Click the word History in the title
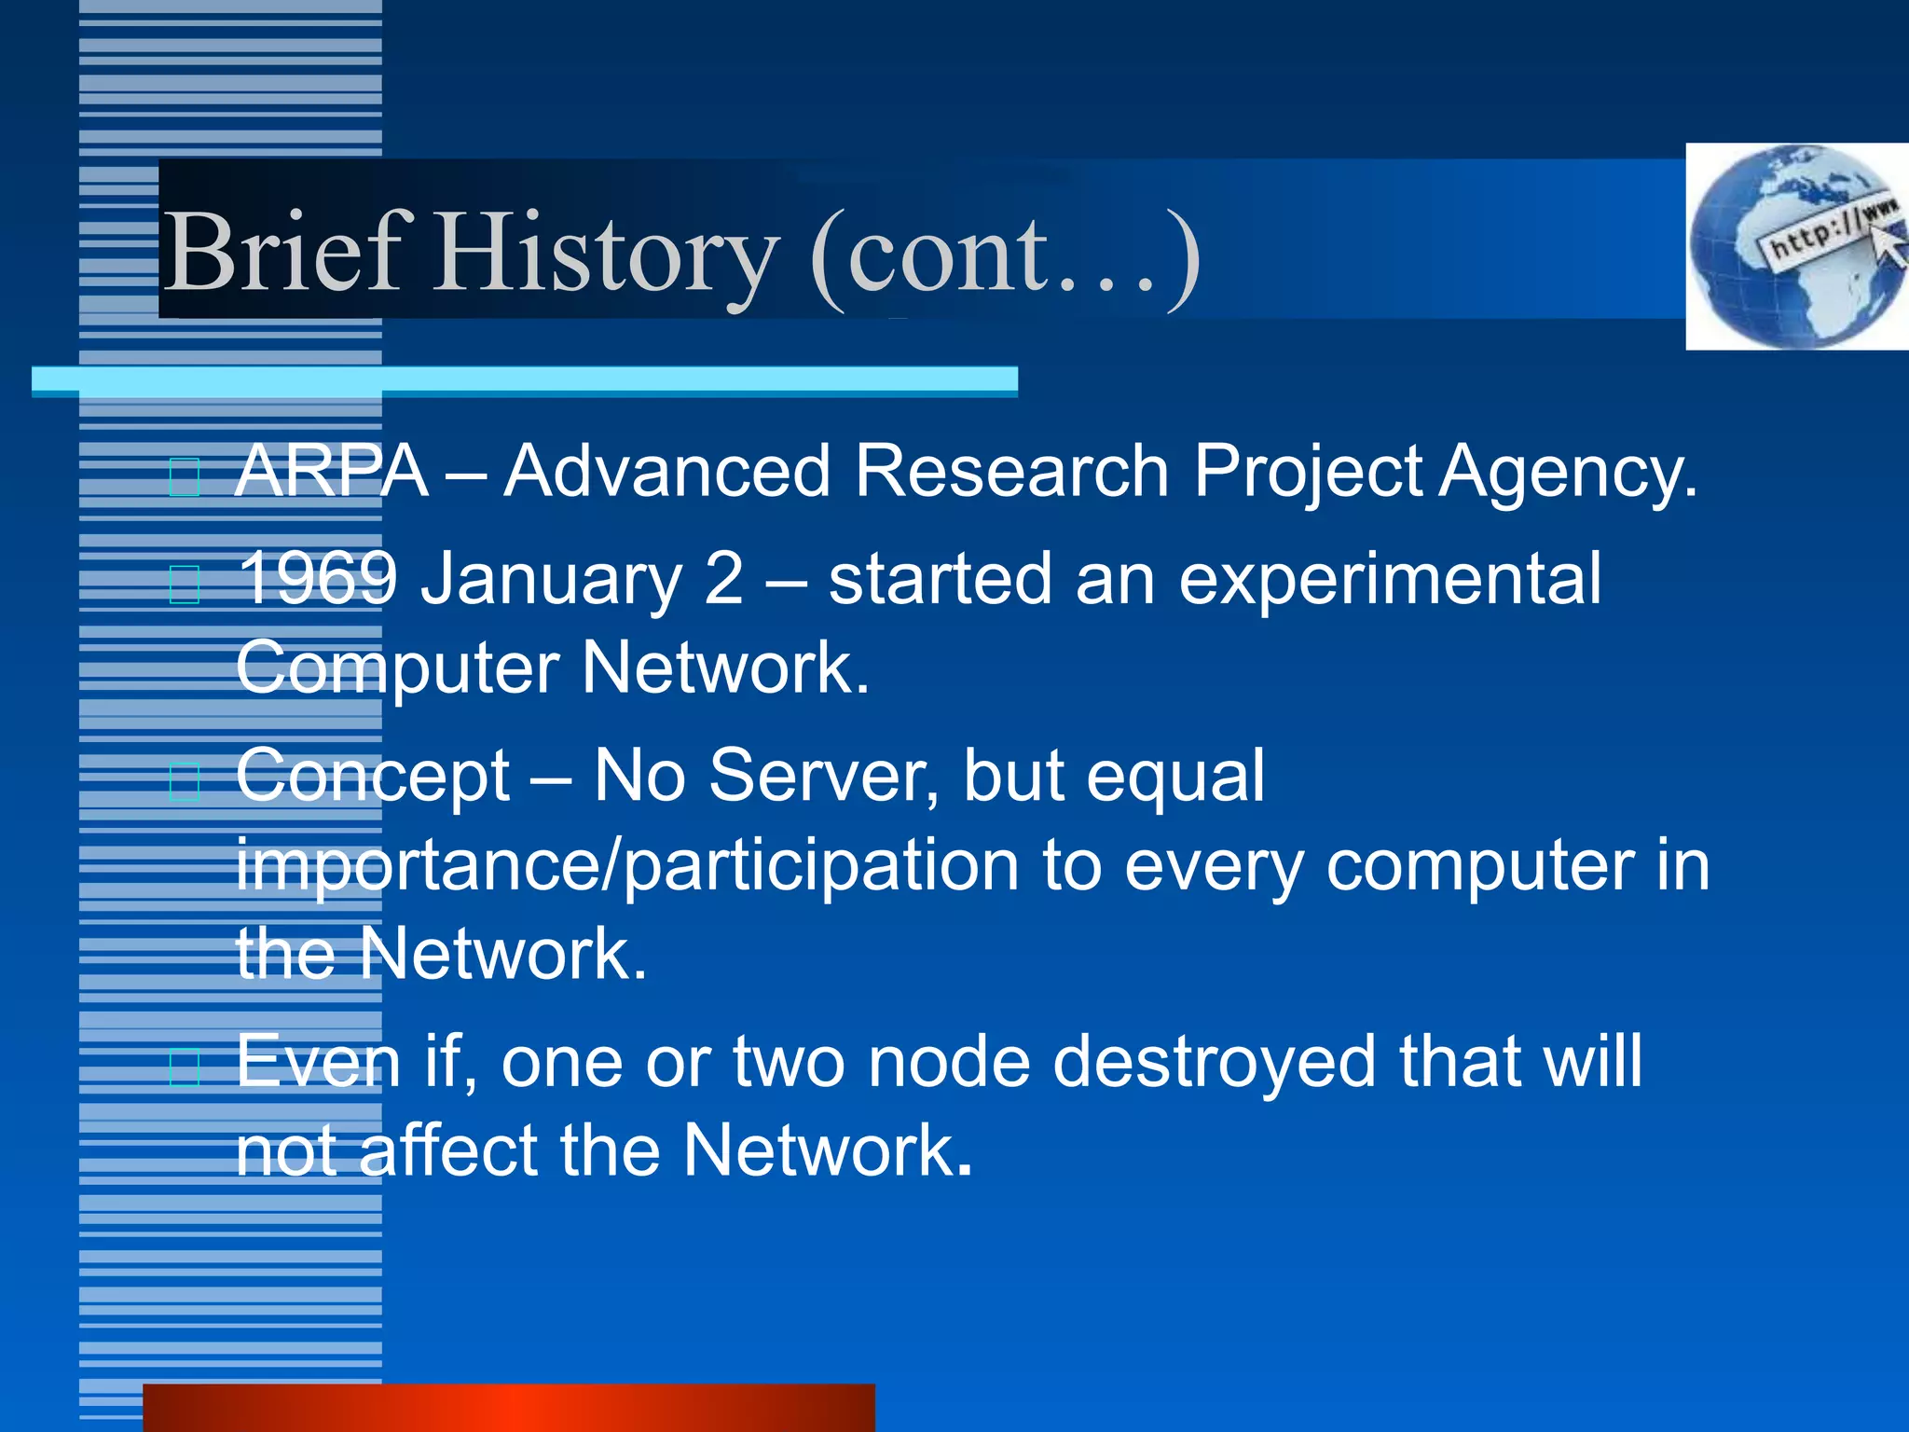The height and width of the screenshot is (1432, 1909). pos(606,256)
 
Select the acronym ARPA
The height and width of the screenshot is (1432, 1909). pos(331,472)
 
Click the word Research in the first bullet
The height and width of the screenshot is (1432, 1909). pos(1011,472)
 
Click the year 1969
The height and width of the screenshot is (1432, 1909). pos(318,579)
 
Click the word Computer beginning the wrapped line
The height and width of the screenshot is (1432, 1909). pos(396,668)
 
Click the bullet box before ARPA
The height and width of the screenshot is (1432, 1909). pos(185,477)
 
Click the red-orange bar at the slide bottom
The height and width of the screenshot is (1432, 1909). pos(508,1408)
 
